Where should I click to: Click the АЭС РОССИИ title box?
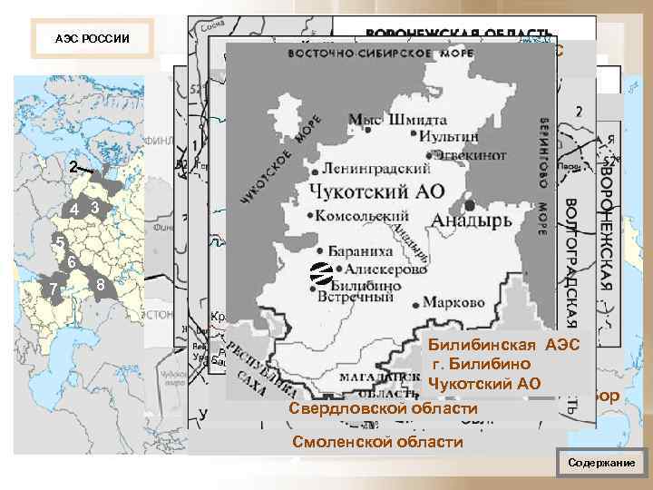tap(92, 40)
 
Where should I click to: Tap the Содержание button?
tap(601, 463)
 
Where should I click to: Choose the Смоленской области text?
tap(376, 442)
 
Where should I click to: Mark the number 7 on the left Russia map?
tap(54, 289)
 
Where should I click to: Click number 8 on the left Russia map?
tap(101, 288)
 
